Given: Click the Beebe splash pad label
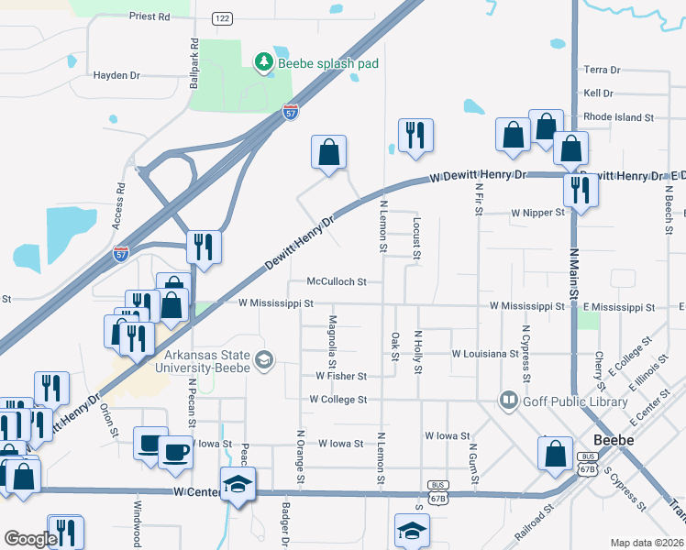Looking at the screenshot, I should (x=328, y=63).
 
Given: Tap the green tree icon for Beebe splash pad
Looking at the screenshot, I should (x=264, y=61).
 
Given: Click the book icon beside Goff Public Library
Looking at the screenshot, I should (x=508, y=400).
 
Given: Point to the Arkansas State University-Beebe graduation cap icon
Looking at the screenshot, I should (x=264, y=359).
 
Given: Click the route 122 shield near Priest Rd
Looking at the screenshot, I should (x=221, y=17).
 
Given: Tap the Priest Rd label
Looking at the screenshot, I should (x=149, y=16).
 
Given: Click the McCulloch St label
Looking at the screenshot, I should (x=337, y=281).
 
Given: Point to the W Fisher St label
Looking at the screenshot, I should (x=341, y=376).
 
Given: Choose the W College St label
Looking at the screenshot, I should (x=337, y=400).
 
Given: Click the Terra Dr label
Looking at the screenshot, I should (x=602, y=70).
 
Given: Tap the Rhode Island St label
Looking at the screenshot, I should (x=618, y=117).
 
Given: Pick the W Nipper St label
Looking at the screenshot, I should (x=537, y=214).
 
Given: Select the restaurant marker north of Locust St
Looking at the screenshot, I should (x=415, y=137).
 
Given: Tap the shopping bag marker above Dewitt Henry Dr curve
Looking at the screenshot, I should (x=328, y=152).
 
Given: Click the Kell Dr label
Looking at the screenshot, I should (x=598, y=93).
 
